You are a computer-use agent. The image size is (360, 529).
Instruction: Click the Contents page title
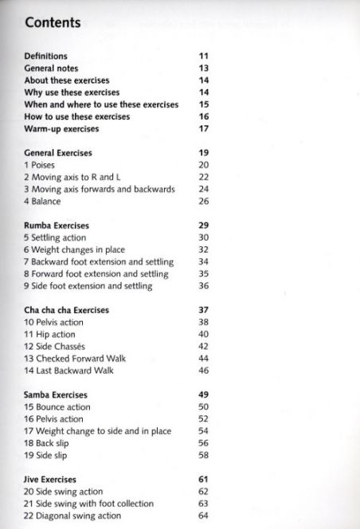click(55, 23)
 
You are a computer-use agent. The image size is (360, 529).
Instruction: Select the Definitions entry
click(45, 57)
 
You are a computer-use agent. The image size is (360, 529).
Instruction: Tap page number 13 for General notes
click(203, 69)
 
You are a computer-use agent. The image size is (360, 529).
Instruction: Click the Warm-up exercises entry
click(61, 128)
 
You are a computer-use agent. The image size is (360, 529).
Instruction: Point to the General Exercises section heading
click(58, 152)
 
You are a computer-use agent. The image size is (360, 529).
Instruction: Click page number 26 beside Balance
click(203, 202)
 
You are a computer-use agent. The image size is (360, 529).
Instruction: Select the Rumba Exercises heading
click(57, 225)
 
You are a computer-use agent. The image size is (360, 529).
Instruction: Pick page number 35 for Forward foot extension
click(203, 274)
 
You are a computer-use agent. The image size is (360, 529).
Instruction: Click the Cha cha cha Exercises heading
click(67, 310)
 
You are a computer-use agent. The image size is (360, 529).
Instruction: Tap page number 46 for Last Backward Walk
click(203, 370)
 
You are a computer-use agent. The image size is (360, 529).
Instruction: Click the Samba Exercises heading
click(56, 394)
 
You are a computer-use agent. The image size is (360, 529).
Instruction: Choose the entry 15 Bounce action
click(57, 407)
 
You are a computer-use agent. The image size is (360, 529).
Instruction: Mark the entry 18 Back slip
click(50, 443)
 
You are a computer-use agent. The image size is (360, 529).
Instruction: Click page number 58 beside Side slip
click(203, 455)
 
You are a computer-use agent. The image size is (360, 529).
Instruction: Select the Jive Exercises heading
click(50, 480)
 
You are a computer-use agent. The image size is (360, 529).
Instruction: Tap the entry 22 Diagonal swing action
click(72, 515)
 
